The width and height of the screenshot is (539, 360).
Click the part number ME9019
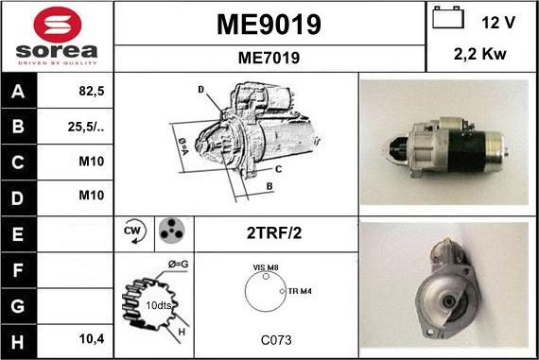[x=269, y=24]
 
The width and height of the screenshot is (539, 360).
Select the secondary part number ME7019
[x=269, y=58]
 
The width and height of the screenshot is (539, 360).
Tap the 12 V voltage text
[x=496, y=22]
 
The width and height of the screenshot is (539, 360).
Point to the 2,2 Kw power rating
[x=481, y=55]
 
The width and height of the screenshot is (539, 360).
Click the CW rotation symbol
[x=133, y=231]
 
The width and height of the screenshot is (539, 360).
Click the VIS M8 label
[x=266, y=268]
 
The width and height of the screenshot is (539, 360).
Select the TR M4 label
[x=301, y=291]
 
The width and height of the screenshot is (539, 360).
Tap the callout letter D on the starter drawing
[x=200, y=90]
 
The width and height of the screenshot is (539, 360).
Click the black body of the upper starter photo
[x=469, y=149]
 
